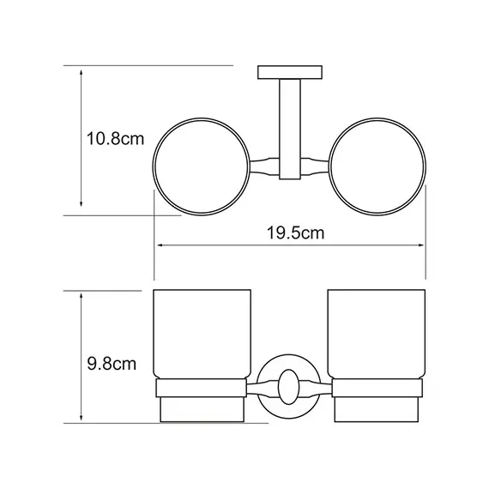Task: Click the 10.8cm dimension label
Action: click(115, 139)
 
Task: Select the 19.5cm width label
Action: click(296, 233)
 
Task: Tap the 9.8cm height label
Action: click(112, 364)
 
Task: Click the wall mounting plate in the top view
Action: click(290, 72)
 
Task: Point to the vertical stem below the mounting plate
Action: click(290, 129)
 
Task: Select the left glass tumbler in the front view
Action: click(202, 334)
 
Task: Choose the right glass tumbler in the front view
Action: click(377, 334)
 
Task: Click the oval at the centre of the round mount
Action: click(289, 387)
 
